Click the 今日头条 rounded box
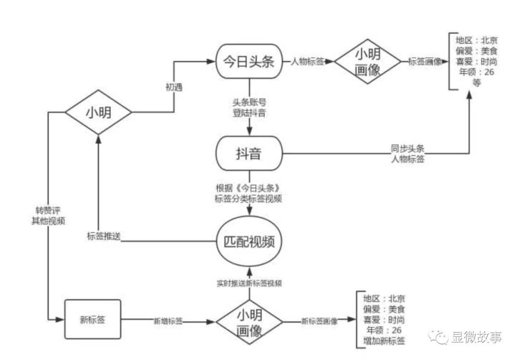[x=249, y=61]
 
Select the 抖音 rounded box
[x=249, y=153]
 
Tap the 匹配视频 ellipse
[x=249, y=241]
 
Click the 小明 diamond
[x=99, y=112]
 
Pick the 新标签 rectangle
[x=93, y=319]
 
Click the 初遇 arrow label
[x=174, y=87]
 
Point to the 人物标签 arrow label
[x=307, y=61]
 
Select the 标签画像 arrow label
[x=425, y=61]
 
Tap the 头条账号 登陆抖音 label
[x=249, y=107]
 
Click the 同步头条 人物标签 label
[x=408, y=154]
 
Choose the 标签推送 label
[x=104, y=236]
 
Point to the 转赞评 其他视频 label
[x=49, y=216]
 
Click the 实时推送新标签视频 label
[x=249, y=284]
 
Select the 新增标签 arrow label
[x=168, y=321]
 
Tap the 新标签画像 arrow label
[x=320, y=321]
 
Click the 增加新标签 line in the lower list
[x=384, y=341]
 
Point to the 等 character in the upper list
[x=476, y=83]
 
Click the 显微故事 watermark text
[x=477, y=337]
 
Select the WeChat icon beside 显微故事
[x=438, y=337]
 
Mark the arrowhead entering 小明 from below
[x=99, y=139]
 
